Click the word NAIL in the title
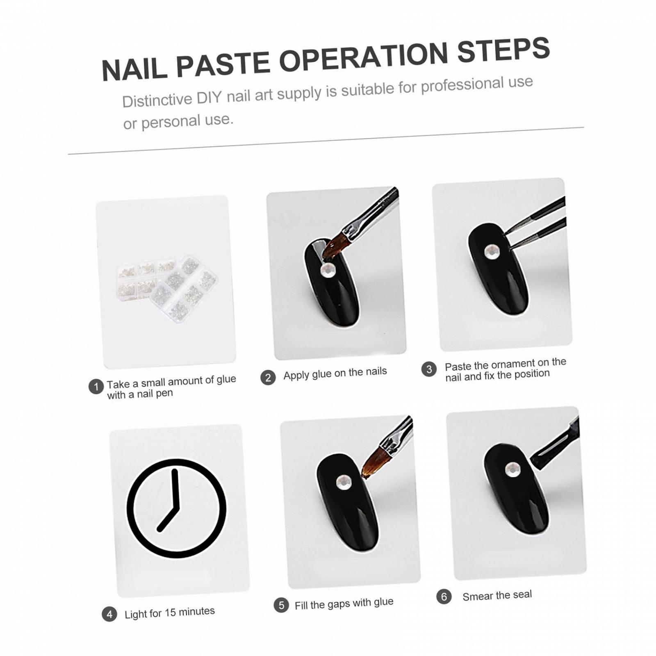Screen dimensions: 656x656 tap(134, 69)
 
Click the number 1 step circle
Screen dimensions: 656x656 tap(96, 387)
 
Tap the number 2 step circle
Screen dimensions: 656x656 tap(268, 377)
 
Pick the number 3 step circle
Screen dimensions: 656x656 tap(429, 369)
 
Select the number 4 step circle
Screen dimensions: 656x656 tap(109, 614)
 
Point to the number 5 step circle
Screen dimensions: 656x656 tap(281, 605)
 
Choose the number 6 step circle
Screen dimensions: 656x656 tap(444, 597)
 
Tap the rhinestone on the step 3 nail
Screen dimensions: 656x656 tap(492, 252)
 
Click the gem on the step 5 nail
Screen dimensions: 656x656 tap(344, 483)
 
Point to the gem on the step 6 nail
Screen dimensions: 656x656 tap(512, 469)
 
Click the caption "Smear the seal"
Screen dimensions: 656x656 tap(497, 595)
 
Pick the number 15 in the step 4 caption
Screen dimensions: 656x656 tap(170, 613)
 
